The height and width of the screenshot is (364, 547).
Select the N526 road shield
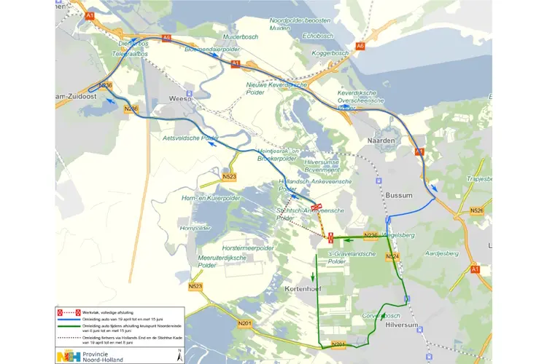(477, 211)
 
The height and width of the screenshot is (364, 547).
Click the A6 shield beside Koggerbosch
(360, 47)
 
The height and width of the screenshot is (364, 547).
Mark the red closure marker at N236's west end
(330, 237)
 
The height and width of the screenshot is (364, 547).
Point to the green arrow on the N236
(348, 240)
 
